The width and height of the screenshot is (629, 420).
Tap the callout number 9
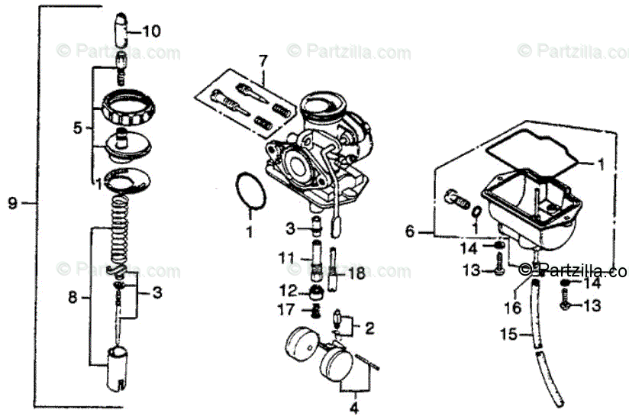click(12, 203)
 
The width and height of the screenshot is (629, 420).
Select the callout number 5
click(77, 129)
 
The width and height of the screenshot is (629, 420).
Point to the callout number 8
click(73, 298)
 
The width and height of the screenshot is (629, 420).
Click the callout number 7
click(263, 60)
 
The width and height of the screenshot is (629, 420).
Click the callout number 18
click(356, 273)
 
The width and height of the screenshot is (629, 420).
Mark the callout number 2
click(369, 329)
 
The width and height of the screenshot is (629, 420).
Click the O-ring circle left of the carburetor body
click(247, 189)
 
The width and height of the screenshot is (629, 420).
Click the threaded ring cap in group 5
click(127, 106)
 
